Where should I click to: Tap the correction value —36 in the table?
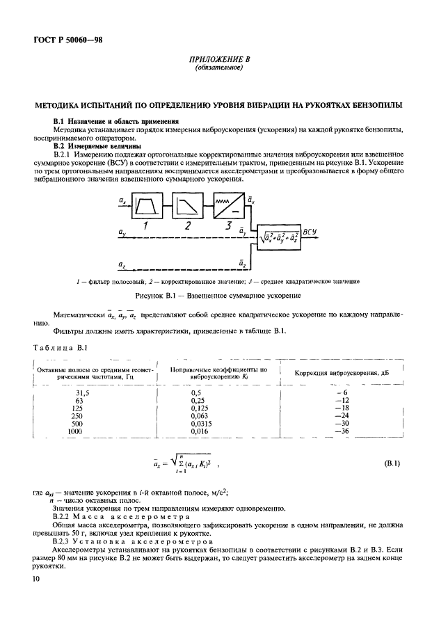click(x=340, y=432)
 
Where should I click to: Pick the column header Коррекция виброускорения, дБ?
click(x=342, y=372)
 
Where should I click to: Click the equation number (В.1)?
click(x=394, y=463)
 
